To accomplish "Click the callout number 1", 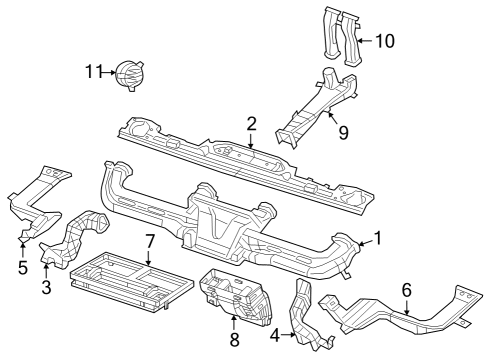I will (377, 239).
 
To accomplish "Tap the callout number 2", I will (252, 124).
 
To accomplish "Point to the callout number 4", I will (275, 336).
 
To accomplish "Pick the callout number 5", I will (23, 267).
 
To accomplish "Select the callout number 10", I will (384, 42).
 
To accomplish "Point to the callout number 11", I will (93, 72).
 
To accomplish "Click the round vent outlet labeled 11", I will (128, 74).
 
